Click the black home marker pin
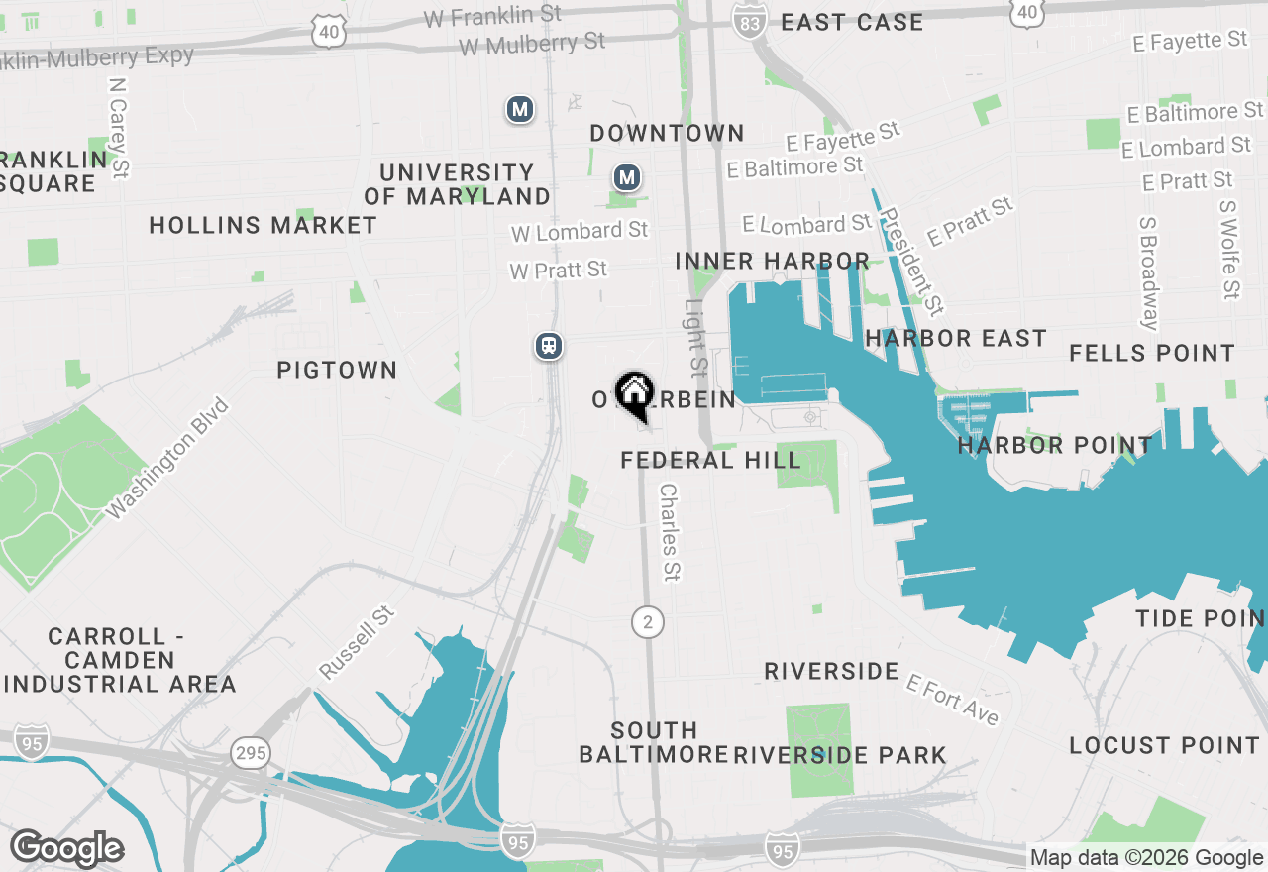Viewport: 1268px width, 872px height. [634, 394]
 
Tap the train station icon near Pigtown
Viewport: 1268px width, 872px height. [549, 346]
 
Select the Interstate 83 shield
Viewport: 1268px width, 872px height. [750, 21]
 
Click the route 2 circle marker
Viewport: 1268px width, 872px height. [648, 622]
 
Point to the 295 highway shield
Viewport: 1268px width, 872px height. [252, 753]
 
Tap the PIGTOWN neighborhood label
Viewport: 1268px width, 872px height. [337, 371]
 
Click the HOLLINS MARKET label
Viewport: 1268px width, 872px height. [263, 226]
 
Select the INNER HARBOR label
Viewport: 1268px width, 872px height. [773, 262]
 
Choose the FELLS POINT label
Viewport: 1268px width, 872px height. [1152, 354]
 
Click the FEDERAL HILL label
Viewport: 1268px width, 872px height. [710, 461]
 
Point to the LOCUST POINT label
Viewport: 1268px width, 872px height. [1165, 746]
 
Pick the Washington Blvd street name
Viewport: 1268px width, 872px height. [167, 458]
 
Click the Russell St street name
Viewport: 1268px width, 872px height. [357, 643]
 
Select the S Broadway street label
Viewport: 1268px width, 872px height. [1148, 273]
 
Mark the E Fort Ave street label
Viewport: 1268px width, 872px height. [953, 701]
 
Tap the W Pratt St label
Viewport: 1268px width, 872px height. [558, 270]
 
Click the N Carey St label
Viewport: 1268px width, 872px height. [119, 129]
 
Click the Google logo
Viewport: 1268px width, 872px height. [66, 849]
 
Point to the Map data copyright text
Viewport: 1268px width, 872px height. [1146, 858]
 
